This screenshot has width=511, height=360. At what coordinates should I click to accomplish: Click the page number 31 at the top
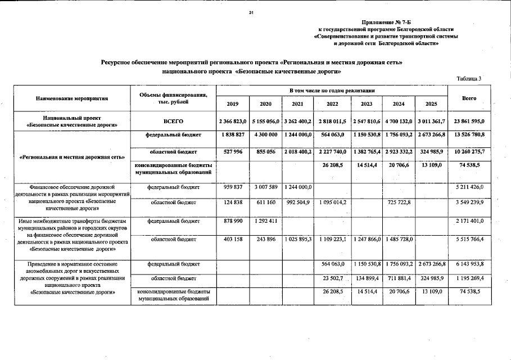pos(252,13)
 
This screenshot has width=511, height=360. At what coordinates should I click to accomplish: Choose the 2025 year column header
pos(431,104)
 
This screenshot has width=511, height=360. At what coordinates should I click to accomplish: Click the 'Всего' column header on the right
pos(469,98)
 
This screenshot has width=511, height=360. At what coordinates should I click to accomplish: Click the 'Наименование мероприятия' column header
pos(71,98)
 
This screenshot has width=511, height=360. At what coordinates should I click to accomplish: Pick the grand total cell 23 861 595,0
pos(469,121)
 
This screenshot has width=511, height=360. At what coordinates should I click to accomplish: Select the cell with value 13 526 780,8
pos(469,135)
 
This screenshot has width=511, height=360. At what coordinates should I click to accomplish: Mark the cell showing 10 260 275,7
pos(469,152)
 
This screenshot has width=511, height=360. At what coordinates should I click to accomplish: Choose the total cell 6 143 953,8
pos(469,263)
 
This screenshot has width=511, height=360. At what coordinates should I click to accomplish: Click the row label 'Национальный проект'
pos(71,118)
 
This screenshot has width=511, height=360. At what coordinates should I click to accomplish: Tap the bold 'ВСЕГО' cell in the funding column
pos(173,121)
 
